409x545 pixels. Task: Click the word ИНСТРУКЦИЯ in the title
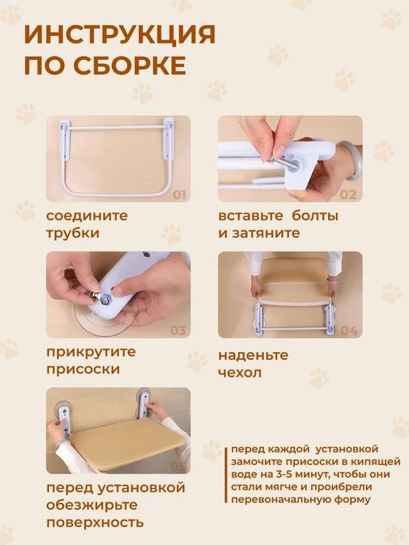point(119,34)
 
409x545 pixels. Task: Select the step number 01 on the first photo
point(179,195)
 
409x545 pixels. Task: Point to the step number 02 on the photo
point(347,195)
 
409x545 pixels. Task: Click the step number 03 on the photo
point(178,330)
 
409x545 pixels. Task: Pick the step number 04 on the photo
point(348,331)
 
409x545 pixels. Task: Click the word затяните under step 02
point(264,233)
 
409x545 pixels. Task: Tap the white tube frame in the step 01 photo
point(118,156)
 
